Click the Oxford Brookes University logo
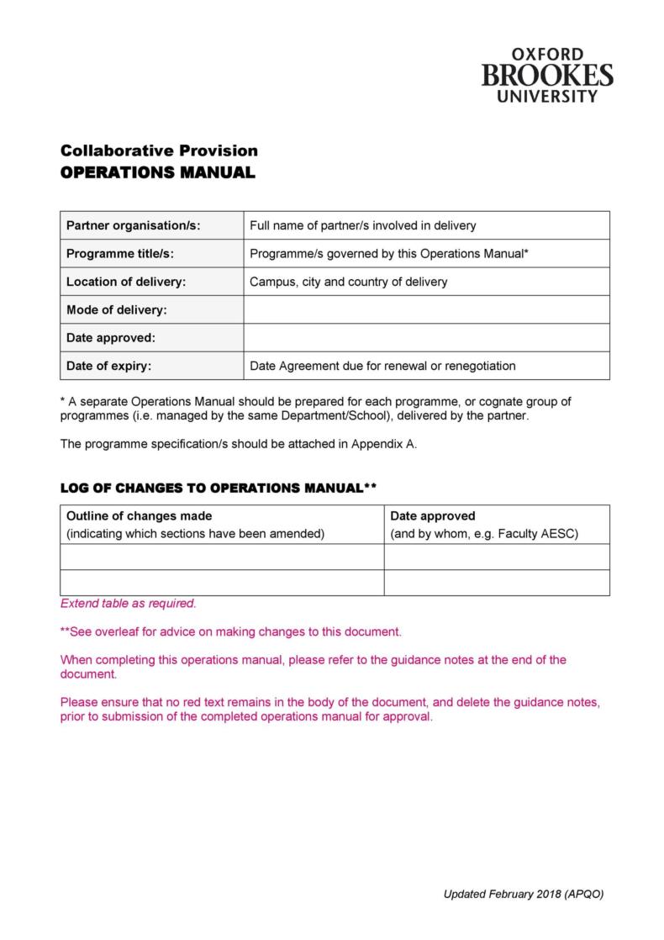click(x=547, y=76)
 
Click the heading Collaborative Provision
click(x=159, y=151)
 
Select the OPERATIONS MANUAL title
click(x=156, y=173)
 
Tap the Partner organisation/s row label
click(x=134, y=225)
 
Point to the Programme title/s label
click(x=120, y=253)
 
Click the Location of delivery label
click(x=126, y=282)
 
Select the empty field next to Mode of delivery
click(x=426, y=309)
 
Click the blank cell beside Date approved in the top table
click(x=426, y=337)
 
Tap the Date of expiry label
click(x=109, y=366)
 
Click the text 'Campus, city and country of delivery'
click(x=348, y=282)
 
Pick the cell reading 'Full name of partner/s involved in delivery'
click(x=363, y=225)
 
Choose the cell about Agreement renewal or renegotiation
click(x=382, y=366)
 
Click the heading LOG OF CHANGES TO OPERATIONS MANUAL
click(x=218, y=488)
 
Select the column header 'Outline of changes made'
click(x=140, y=515)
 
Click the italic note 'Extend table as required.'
click(x=128, y=603)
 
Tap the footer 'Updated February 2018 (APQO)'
click(x=523, y=894)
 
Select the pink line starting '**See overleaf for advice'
click(x=231, y=631)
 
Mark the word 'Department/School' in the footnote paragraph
click(x=340, y=415)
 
